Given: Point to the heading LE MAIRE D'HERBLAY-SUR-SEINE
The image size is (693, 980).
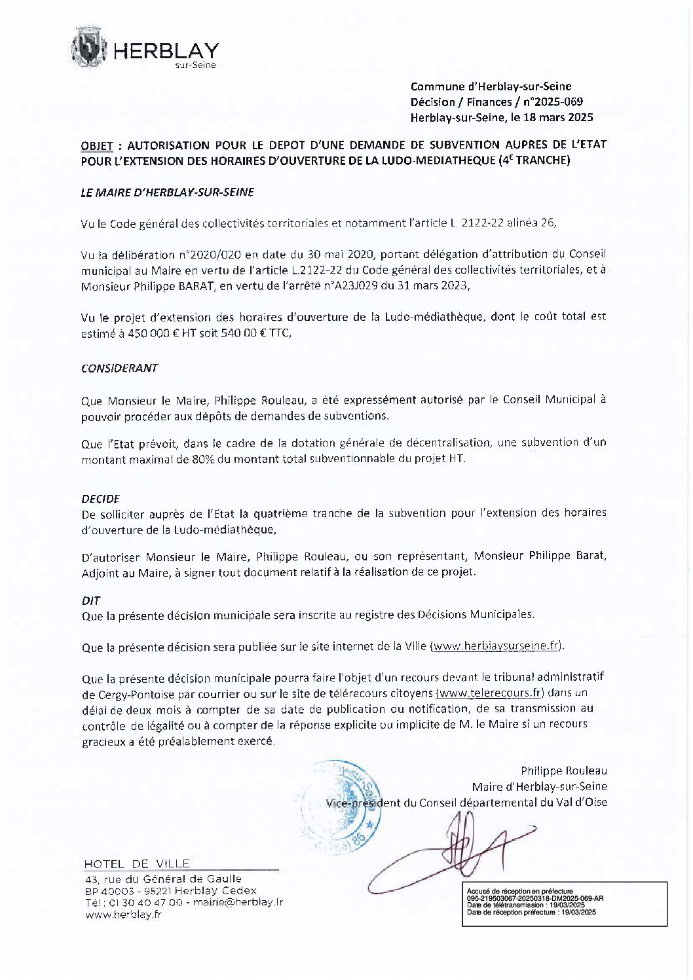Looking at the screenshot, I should point(167,192).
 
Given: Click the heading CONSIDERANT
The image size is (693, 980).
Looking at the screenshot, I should point(119,368).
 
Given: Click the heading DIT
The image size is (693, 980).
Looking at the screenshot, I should point(90,600).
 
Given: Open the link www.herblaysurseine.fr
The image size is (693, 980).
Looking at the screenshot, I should point(496,645).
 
